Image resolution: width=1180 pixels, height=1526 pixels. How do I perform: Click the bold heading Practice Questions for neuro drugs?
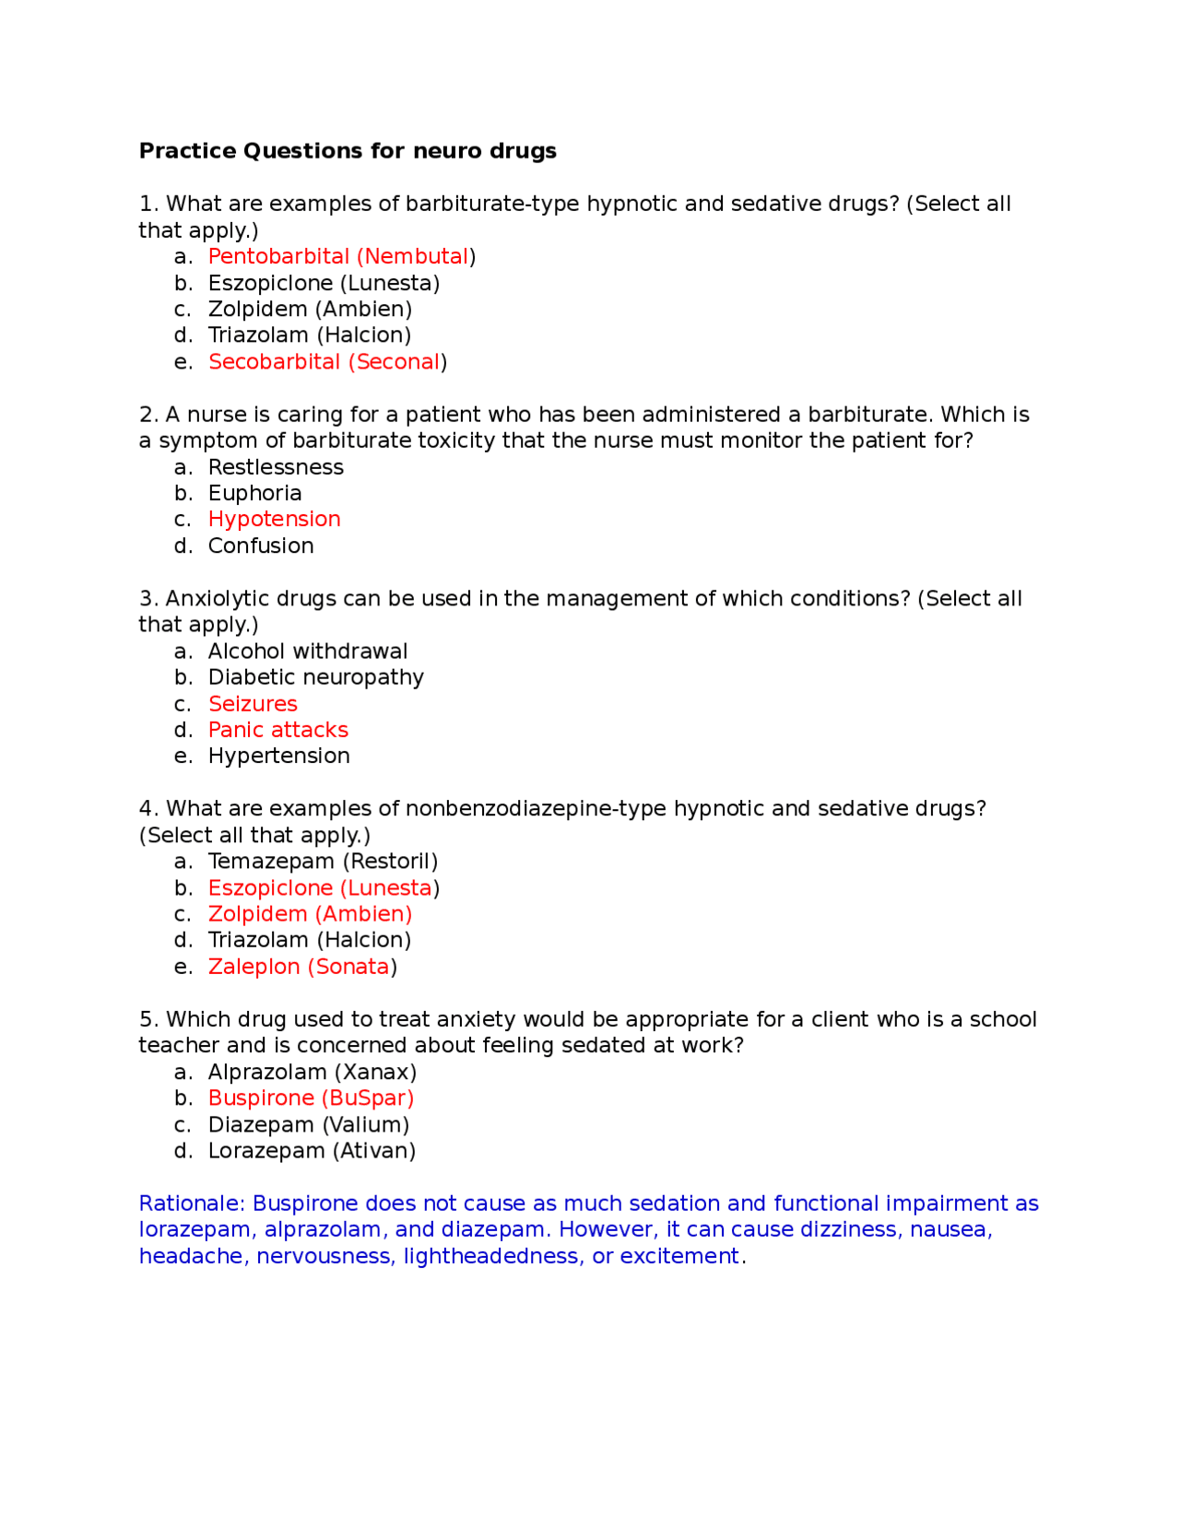click(x=347, y=151)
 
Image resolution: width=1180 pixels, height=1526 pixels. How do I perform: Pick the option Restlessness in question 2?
click(x=275, y=467)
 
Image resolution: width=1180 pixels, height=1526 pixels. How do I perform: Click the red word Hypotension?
click(x=274, y=520)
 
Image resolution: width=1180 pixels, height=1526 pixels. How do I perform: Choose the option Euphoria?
click(x=254, y=494)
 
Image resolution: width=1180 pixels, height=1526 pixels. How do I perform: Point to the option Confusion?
click(x=261, y=546)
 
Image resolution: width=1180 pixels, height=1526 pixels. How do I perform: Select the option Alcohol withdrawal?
click(x=307, y=651)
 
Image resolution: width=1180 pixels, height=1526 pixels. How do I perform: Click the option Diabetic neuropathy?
click(x=315, y=677)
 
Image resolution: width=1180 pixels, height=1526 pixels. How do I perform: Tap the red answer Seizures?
click(x=253, y=704)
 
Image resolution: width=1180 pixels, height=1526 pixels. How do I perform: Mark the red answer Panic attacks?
click(x=277, y=730)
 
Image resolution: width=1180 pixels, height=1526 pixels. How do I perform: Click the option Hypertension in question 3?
click(x=278, y=757)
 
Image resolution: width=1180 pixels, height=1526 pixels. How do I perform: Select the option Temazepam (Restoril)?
click(x=323, y=862)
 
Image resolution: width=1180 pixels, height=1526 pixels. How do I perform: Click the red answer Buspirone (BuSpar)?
click(x=311, y=1098)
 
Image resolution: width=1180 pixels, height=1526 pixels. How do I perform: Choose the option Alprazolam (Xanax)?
click(x=312, y=1073)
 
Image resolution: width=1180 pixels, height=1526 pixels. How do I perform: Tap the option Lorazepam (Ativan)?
click(x=312, y=1151)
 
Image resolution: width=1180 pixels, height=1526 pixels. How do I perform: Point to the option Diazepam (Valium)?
click(x=308, y=1125)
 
